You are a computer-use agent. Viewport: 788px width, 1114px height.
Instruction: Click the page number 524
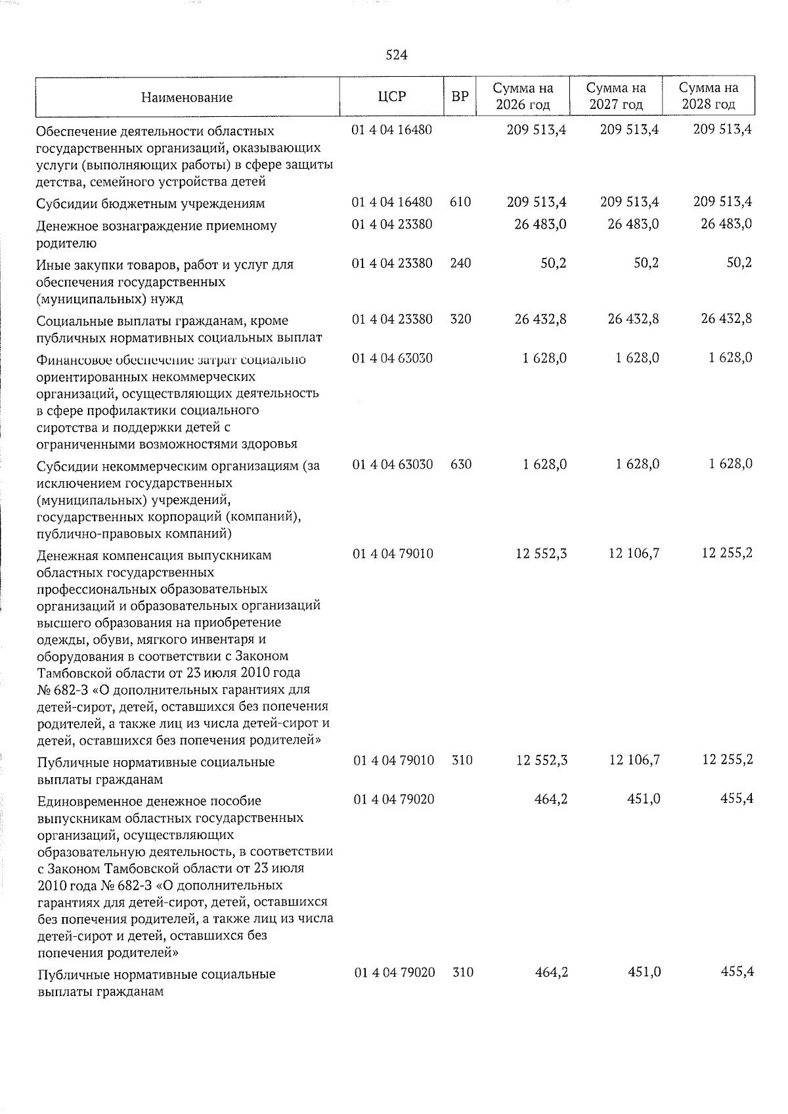click(397, 56)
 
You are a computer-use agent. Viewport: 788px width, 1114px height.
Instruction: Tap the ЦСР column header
click(392, 96)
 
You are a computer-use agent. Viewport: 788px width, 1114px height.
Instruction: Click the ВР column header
click(460, 96)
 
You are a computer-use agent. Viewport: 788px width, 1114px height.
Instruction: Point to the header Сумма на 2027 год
click(616, 96)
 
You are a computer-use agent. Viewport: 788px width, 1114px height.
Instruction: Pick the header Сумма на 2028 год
click(709, 96)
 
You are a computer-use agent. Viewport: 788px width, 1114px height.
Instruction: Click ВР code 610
click(460, 202)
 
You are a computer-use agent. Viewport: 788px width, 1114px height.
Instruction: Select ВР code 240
click(460, 264)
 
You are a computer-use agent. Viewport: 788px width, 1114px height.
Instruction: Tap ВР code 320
click(460, 320)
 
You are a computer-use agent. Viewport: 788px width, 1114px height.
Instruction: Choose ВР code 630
click(460, 465)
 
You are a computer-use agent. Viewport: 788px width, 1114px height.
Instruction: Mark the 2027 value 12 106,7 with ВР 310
click(634, 760)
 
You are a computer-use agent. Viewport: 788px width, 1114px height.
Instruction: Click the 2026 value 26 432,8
click(537, 320)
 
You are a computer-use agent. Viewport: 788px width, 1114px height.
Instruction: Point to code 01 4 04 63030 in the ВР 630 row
click(393, 465)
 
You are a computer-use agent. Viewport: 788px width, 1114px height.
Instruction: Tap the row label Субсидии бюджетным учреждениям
click(151, 204)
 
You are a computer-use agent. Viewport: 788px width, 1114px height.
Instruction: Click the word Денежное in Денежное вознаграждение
click(66, 226)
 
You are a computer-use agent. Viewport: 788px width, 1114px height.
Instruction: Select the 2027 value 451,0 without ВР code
click(644, 800)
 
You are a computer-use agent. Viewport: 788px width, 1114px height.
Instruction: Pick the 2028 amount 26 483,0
click(726, 225)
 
